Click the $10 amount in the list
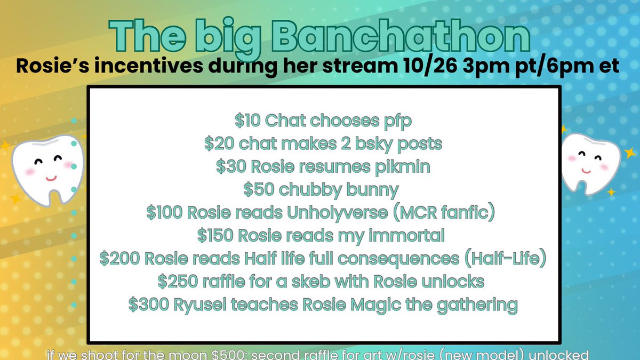[x=248, y=121]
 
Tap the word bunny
[x=373, y=190]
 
